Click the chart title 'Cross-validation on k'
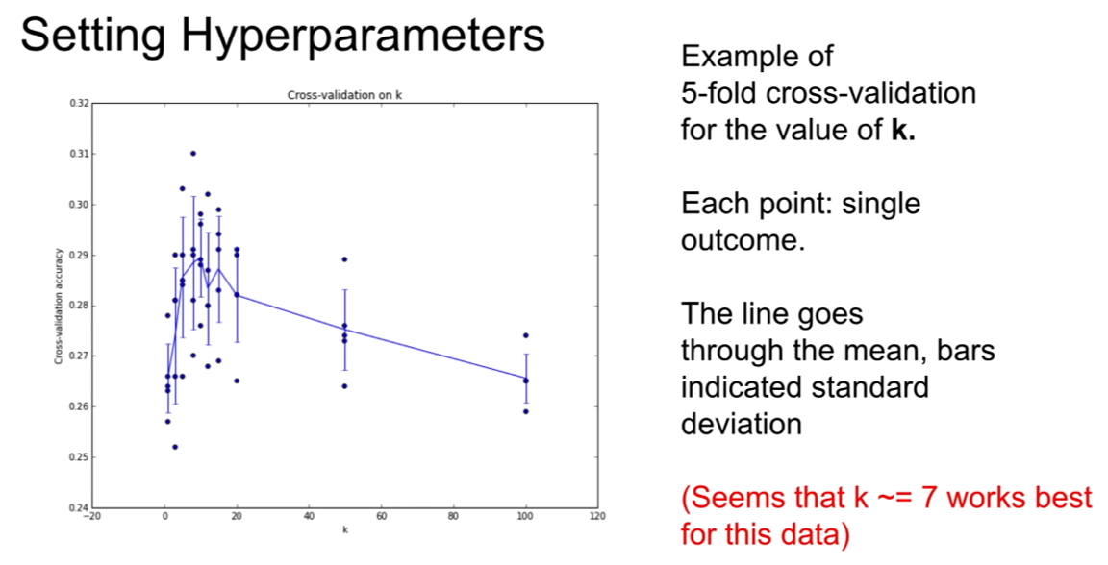(x=345, y=94)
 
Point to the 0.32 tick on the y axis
(x=80, y=103)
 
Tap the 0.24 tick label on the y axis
(x=80, y=507)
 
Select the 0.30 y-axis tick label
(x=80, y=204)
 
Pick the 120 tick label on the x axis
(x=598, y=516)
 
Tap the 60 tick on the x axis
(x=382, y=516)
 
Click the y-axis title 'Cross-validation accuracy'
(x=59, y=306)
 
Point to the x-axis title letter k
(x=345, y=529)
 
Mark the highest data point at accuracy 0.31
(x=193, y=153)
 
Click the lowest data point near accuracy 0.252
(x=175, y=447)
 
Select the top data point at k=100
(x=526, y=335)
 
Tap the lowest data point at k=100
(x=526, y=411)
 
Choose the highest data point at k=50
(x=345, y=259)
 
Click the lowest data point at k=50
(x=345, y=385)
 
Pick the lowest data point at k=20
(x=237, y=381)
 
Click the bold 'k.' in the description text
(x=903, y=131)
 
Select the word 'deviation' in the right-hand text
(x=742, y=425)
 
